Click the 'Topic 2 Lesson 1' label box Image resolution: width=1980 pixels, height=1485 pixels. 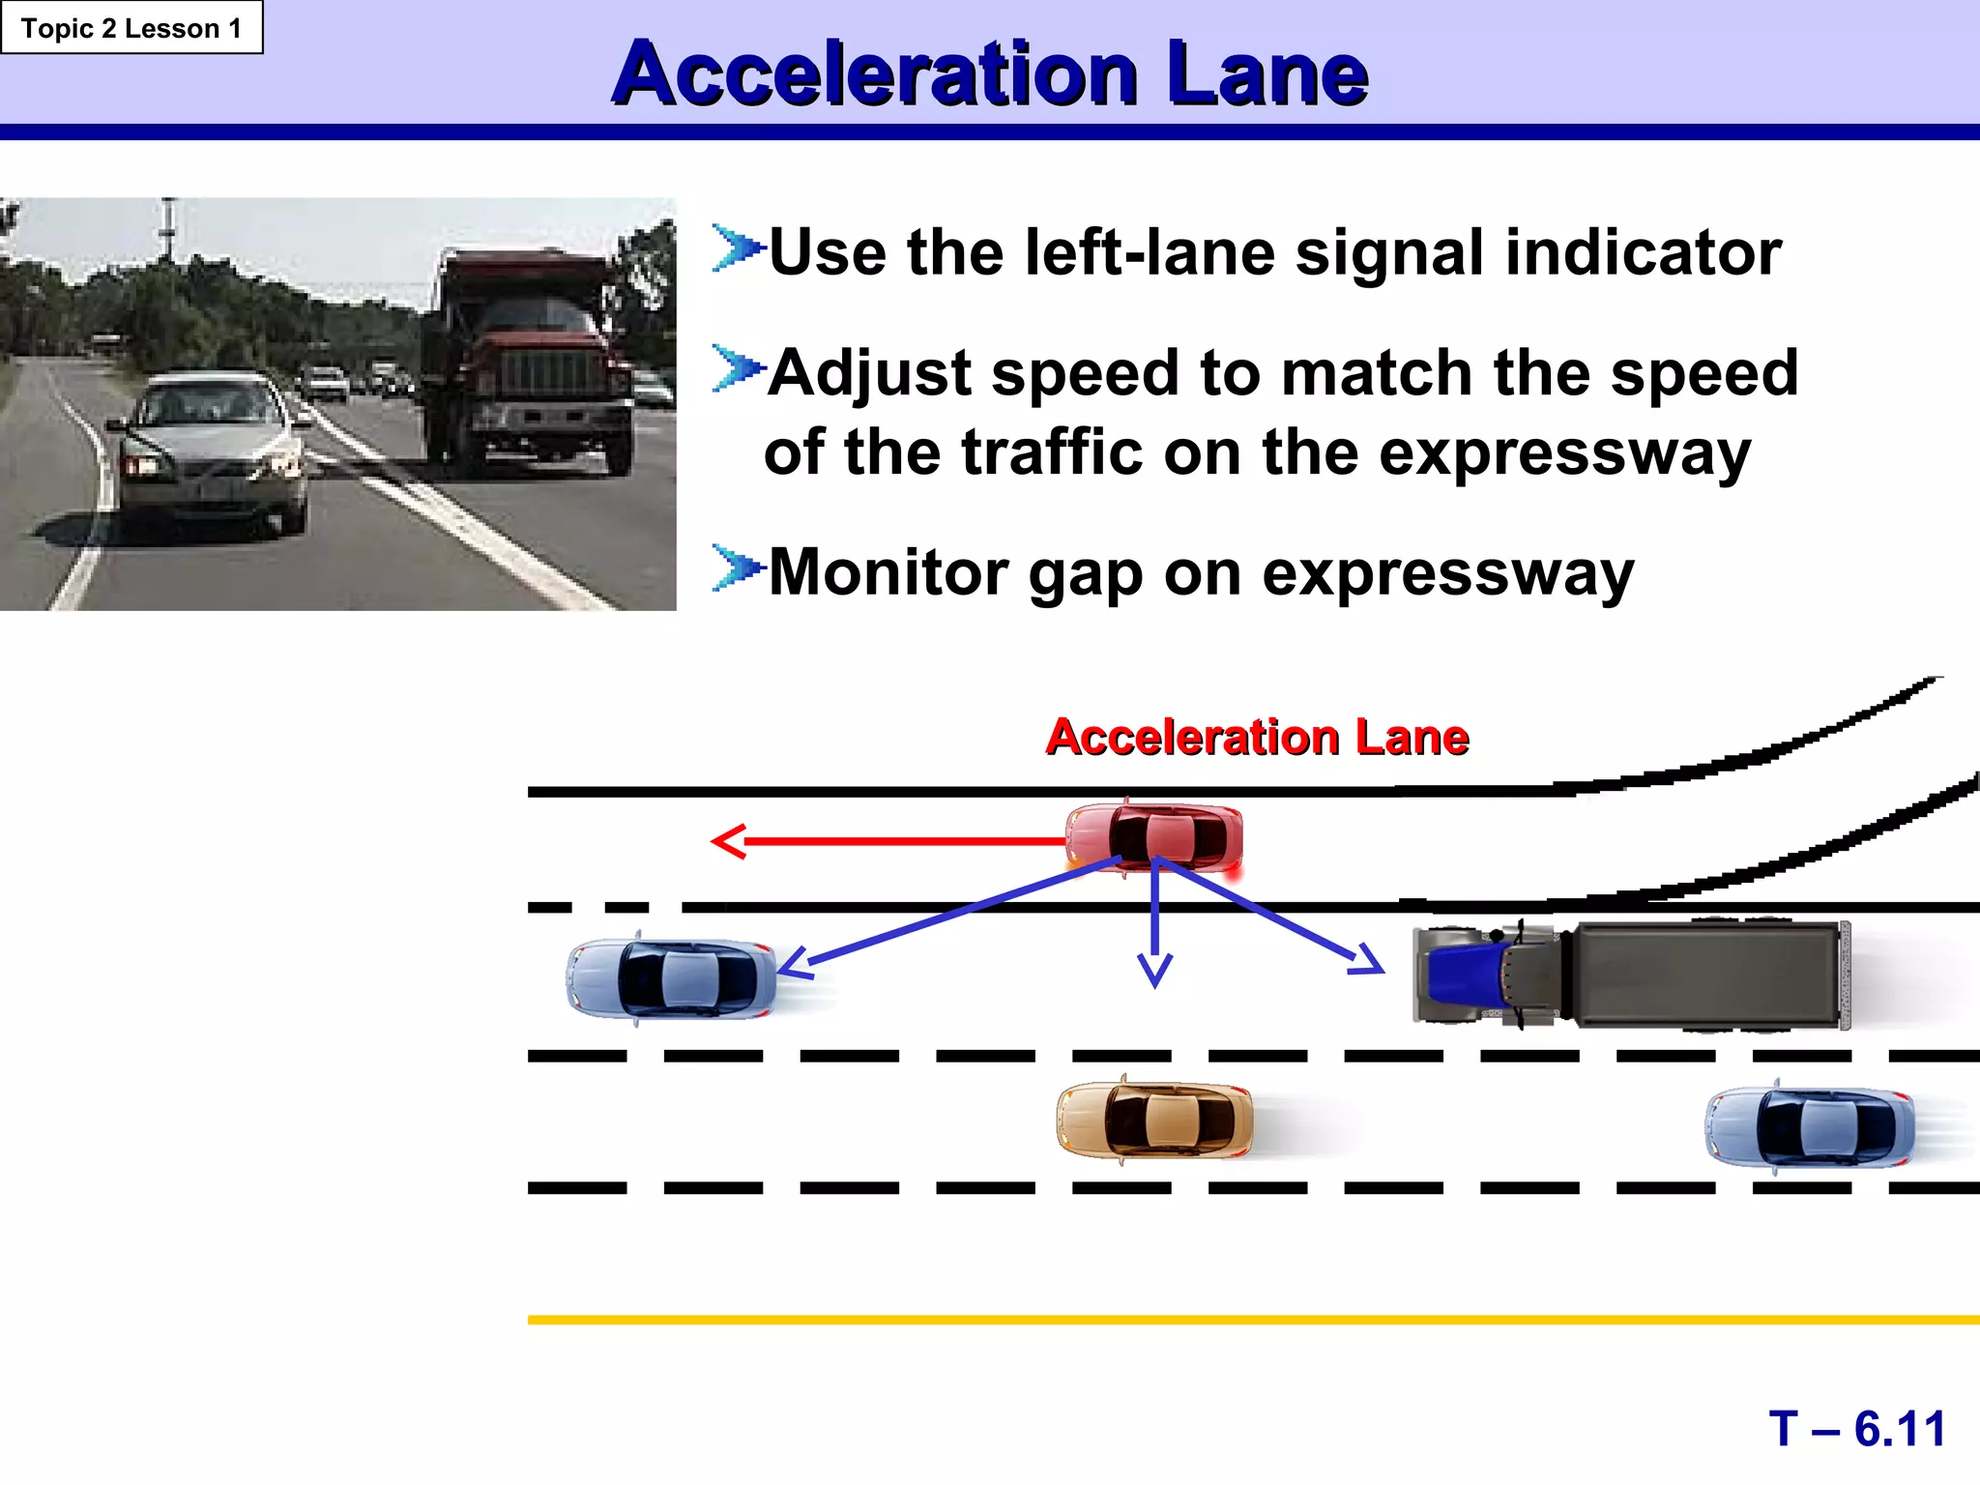point(131,28)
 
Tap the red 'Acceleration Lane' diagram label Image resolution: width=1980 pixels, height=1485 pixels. point(1257,738)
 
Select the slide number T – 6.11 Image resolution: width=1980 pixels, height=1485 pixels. point(1857,1429)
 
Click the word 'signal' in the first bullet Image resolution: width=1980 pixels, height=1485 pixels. point(1388,253)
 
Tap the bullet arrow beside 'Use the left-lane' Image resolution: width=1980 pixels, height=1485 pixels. point(737,248)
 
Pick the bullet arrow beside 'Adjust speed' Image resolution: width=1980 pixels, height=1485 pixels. point(737,369)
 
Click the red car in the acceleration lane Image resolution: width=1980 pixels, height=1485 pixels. point(1154,836)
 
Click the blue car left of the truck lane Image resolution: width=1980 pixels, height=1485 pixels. point(671,978)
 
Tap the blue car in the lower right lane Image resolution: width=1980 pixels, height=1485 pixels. point(1809,1127)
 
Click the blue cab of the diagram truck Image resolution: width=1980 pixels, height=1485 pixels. point(1465,975)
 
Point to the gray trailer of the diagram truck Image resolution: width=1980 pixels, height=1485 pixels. point(1706,975)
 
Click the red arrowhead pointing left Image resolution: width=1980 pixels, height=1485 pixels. point(727,841)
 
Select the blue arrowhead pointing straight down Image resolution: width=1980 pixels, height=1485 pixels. point(1154,972)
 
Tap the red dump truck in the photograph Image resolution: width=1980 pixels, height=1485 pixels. point(527,363)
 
